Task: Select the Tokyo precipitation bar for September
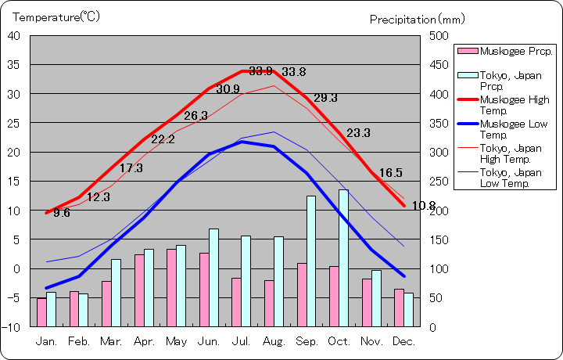coord(310,261)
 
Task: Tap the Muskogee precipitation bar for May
coord(171,287)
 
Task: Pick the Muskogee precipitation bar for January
coord(41,312)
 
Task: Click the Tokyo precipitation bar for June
coord(213,277)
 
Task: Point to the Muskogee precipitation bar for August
coord(269,303)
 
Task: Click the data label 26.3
coord(196,116)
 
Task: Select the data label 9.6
coord(62,213)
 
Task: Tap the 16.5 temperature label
coord(391,173)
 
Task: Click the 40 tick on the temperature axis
coord(14,36)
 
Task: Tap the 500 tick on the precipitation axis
coord(437,36)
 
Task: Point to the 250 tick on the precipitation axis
coord(437,182)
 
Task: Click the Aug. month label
coord(273,342)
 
